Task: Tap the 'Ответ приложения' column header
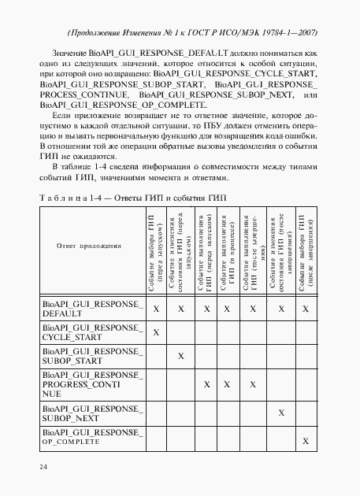(x=89, y=246)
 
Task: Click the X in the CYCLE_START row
(x=156, y=332)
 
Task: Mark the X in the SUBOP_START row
(x=181, y=357)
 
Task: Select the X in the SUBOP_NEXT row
(x=280, y=413)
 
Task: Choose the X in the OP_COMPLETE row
(x=306, y=442)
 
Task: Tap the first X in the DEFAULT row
(x=156, y=309)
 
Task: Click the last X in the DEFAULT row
(x=306, y=309)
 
